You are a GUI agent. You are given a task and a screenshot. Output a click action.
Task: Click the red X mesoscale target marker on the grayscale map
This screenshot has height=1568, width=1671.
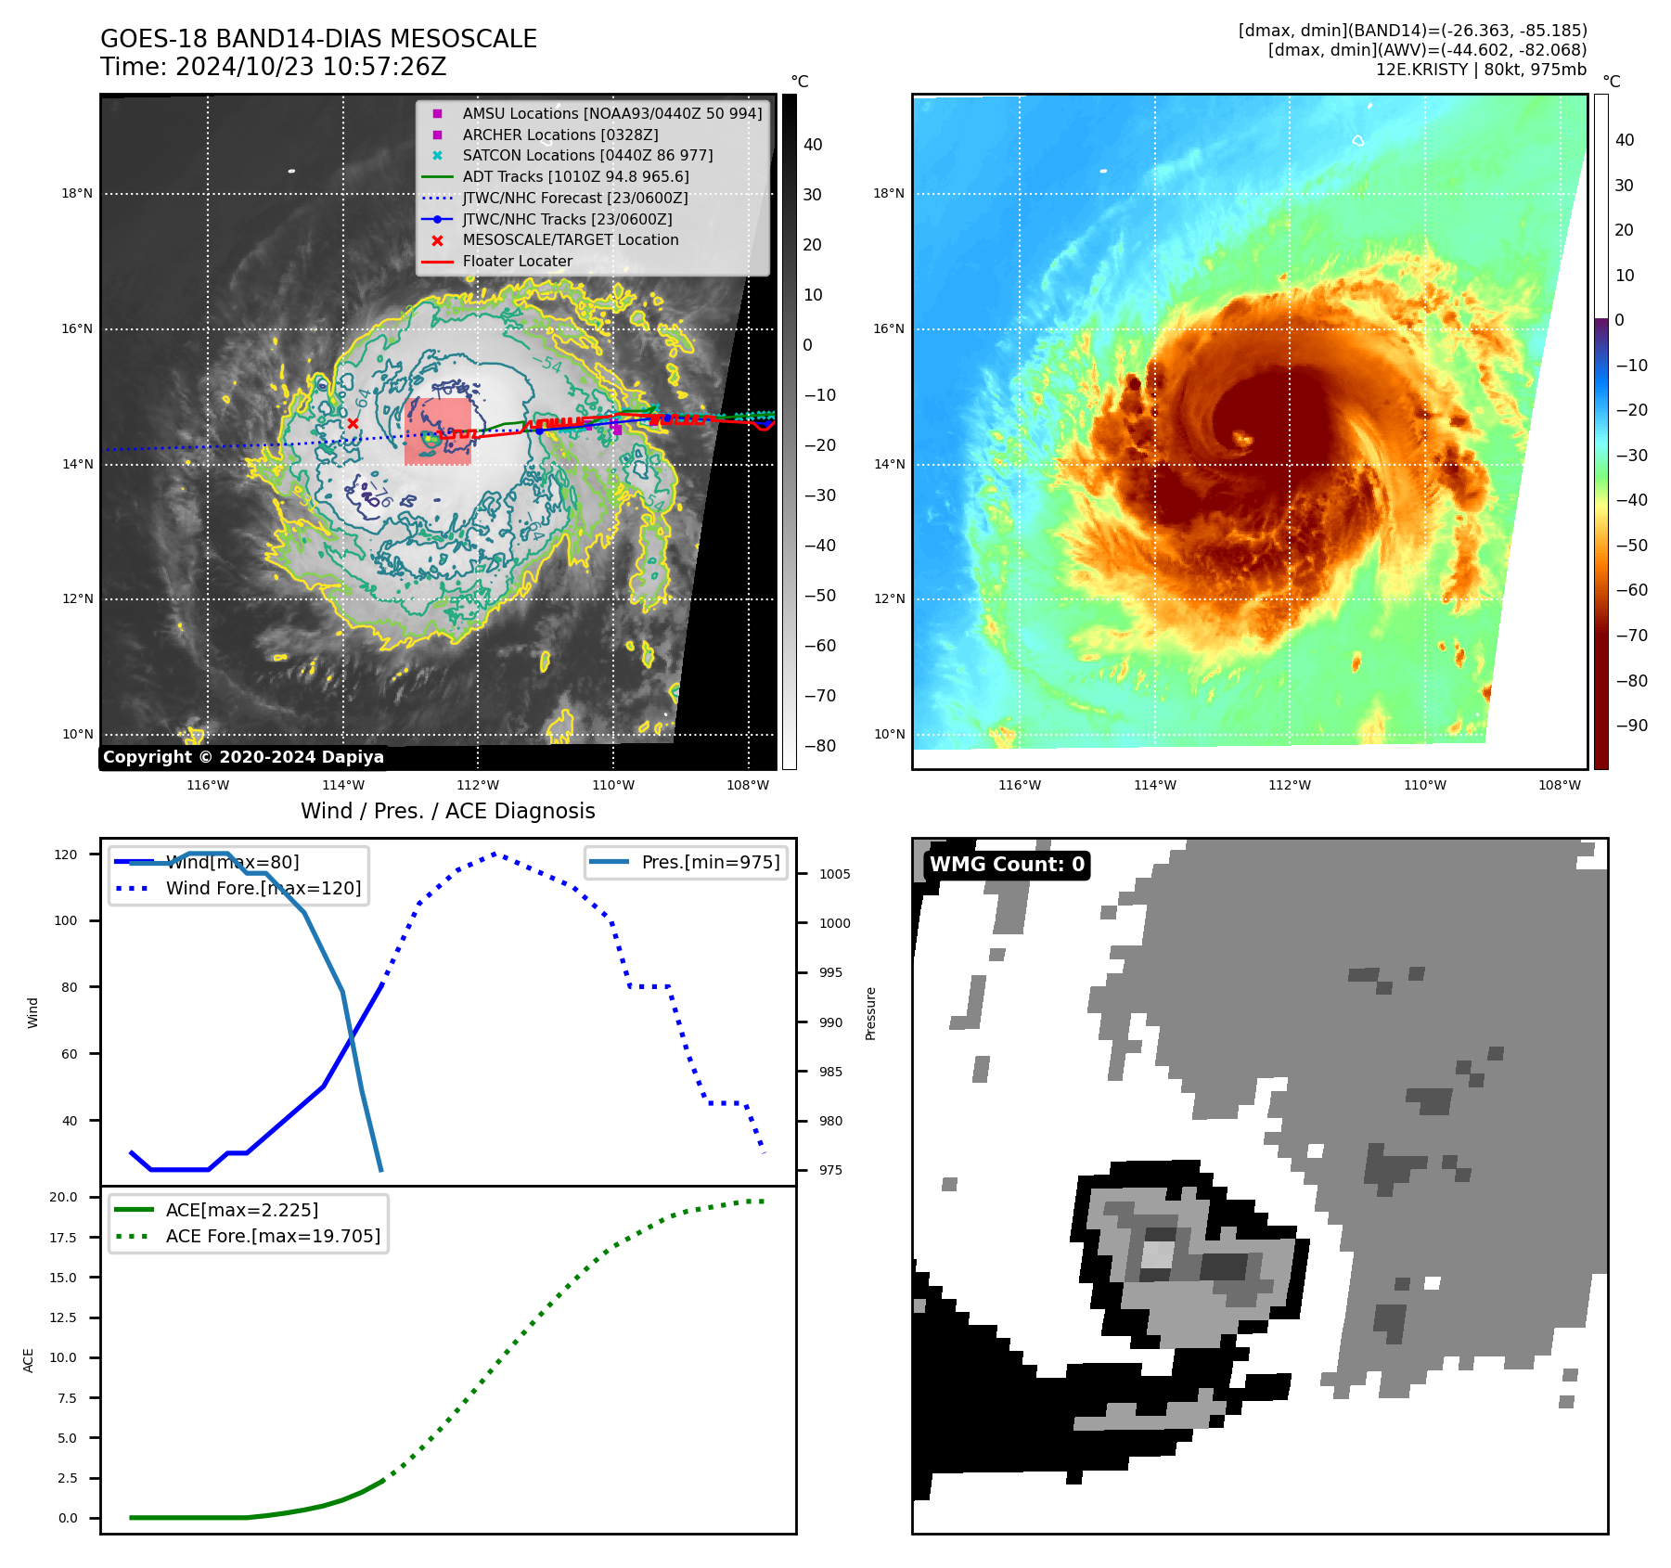(x=353, y=424)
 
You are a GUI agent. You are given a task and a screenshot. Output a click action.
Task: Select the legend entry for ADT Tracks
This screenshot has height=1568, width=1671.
(x=575, y=176)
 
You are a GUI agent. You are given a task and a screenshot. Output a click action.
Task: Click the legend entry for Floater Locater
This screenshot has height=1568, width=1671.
(x=517, y=261)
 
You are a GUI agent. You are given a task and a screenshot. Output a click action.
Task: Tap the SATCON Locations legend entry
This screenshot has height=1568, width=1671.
(x=587, y=155)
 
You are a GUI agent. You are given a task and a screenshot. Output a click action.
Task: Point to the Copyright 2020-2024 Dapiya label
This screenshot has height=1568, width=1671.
(x=243, y=757)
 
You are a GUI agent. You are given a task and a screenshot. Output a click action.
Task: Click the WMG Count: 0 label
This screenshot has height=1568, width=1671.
(x=1007, y=865)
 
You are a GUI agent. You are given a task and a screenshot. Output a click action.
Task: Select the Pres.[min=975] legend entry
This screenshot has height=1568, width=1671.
(x=710, y=862)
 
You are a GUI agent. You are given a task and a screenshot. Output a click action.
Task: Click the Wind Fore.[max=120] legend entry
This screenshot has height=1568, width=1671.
(x=263, y=888)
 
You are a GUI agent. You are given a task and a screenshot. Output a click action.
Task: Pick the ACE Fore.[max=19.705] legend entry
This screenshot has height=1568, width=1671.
(x=273, y=1236)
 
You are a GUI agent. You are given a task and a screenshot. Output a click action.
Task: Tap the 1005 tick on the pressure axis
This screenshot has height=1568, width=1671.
(x=834, y=874)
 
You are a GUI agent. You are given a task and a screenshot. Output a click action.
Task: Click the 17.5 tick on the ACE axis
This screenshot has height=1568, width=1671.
(x=63, y=1238)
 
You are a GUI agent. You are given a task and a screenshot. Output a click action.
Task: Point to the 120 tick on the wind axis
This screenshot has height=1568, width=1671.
(x=66, y=855)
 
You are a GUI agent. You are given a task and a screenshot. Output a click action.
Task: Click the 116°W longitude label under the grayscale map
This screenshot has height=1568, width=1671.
(x=208, y=785)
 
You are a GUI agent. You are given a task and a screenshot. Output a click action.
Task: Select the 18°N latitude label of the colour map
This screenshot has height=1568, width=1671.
(x=888, y=193)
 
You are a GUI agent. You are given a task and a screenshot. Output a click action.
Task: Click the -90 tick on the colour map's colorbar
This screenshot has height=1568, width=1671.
(x=1632, y=726)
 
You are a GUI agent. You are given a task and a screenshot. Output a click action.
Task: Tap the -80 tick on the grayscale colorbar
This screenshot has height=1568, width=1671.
(x=819, y=746)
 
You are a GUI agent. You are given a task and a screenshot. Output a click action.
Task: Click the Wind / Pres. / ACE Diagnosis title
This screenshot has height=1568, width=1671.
(x=447, y=811)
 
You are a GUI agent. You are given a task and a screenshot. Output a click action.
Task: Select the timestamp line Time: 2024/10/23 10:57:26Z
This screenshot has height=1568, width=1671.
(x=274, y=67)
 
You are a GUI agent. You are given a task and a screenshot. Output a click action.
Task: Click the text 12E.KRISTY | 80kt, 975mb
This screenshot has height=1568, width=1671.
(x=1481, y=70)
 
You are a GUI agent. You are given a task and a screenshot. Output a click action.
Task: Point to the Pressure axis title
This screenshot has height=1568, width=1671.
(x=870, y=1013)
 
